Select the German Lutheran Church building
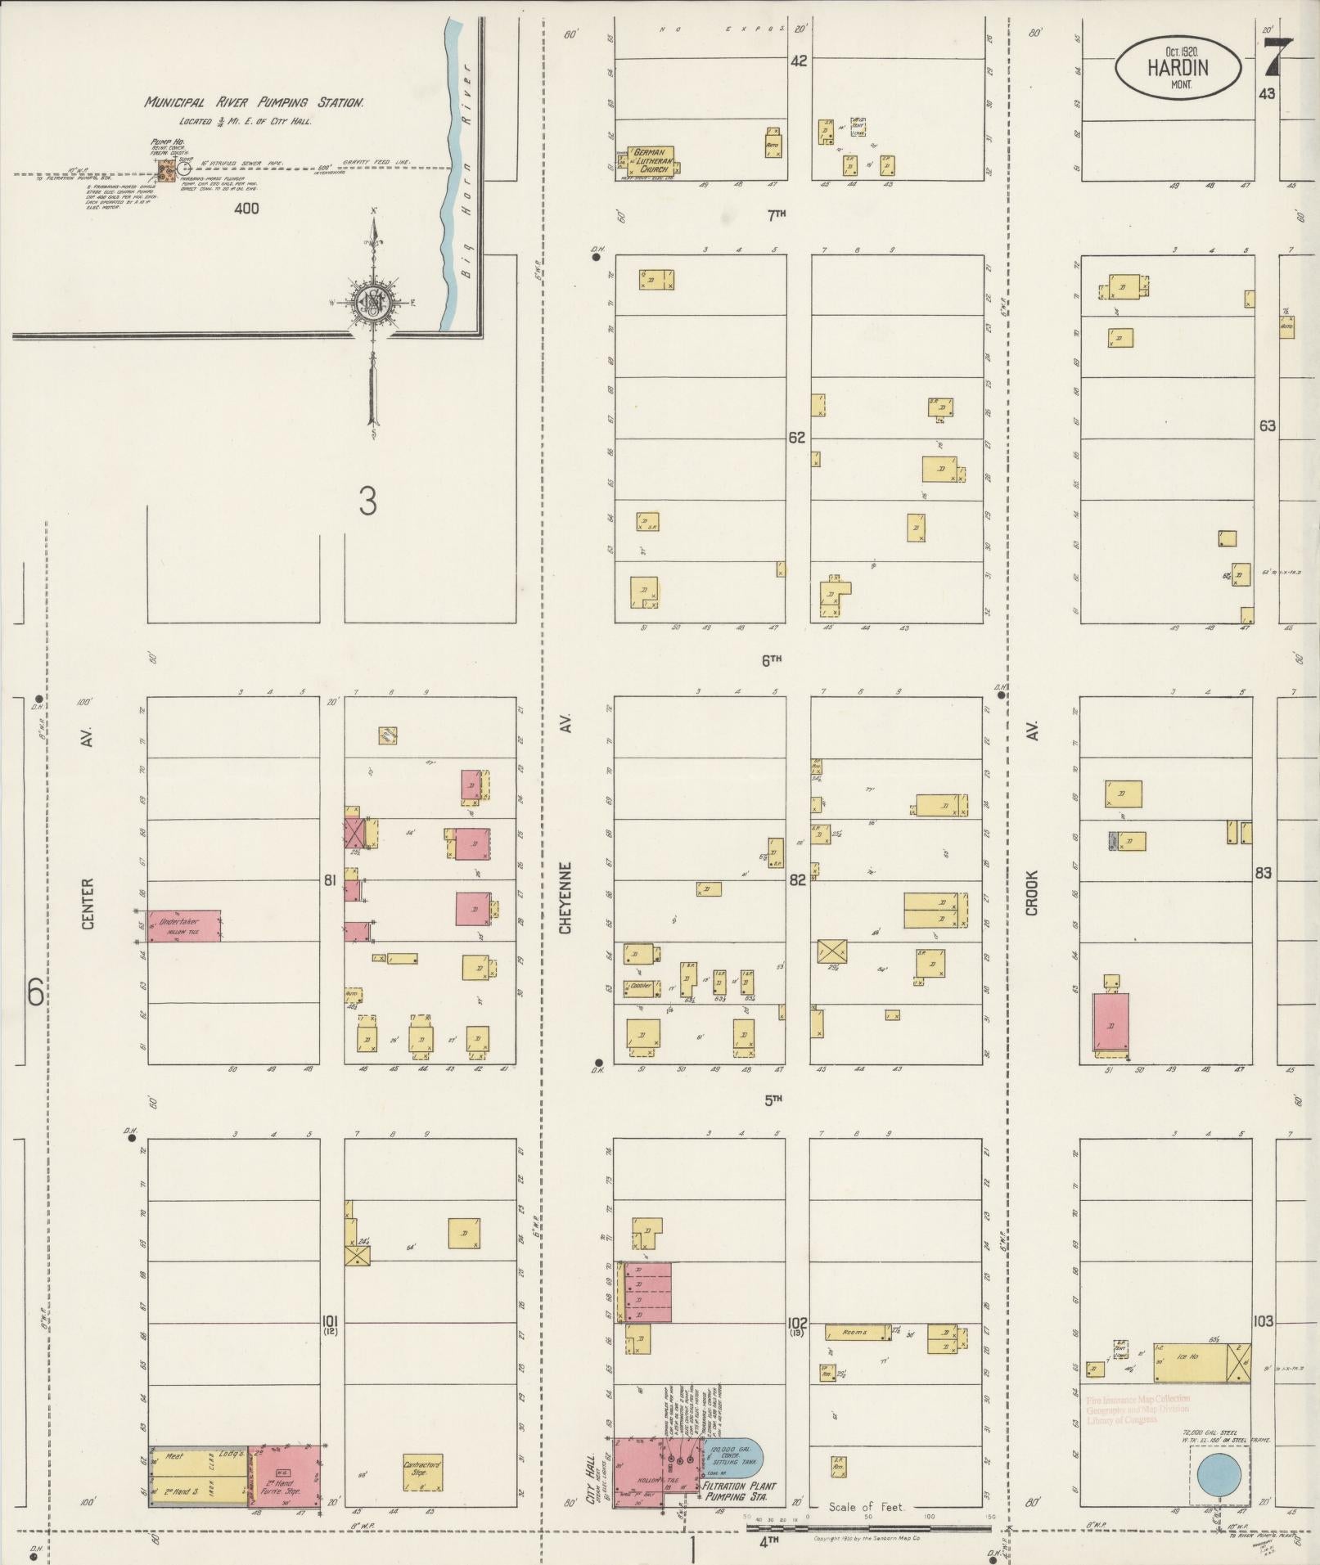point(651,160)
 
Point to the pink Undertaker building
point(183,924)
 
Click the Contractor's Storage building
point(422,1468)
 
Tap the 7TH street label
point(776,214)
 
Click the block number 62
point(796,438)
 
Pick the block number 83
point(1264,873)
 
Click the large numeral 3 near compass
point(367,501)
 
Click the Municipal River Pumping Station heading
point(254,103)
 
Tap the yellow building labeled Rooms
point(857,1332)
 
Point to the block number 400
point(246,209)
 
